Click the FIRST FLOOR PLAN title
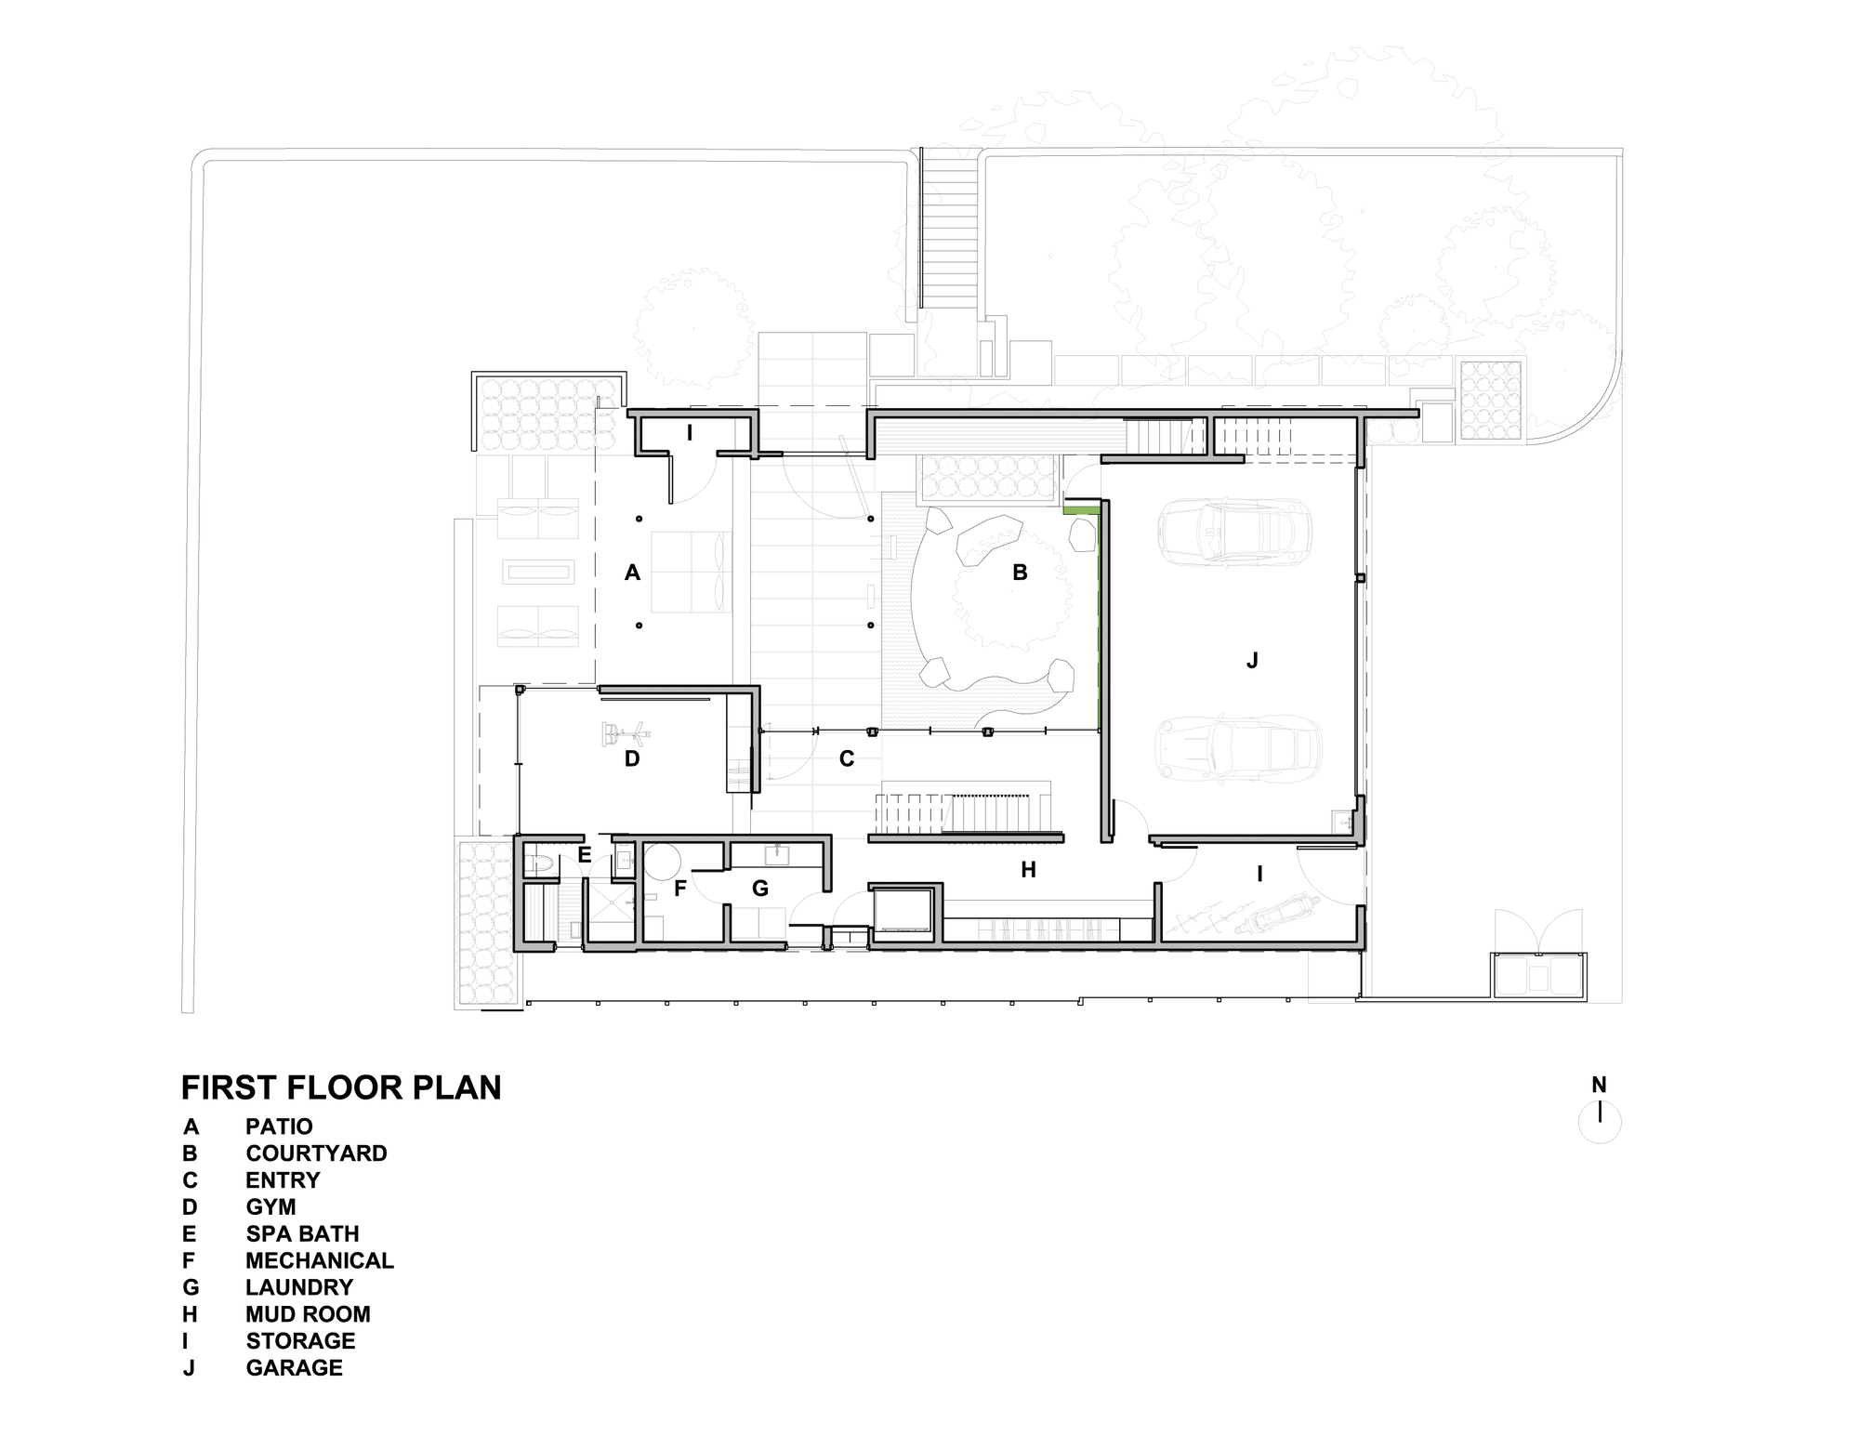341,1087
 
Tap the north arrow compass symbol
1600,1121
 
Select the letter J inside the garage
1252,661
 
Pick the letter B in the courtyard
1020,573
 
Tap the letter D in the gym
632,759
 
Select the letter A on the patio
632,573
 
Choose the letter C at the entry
847,759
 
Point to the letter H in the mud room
1028,870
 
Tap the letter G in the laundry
760,889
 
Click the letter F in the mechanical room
679,889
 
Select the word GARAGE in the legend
294,1368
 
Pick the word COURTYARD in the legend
316,1153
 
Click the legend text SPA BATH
302,1234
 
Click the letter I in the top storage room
690,432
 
